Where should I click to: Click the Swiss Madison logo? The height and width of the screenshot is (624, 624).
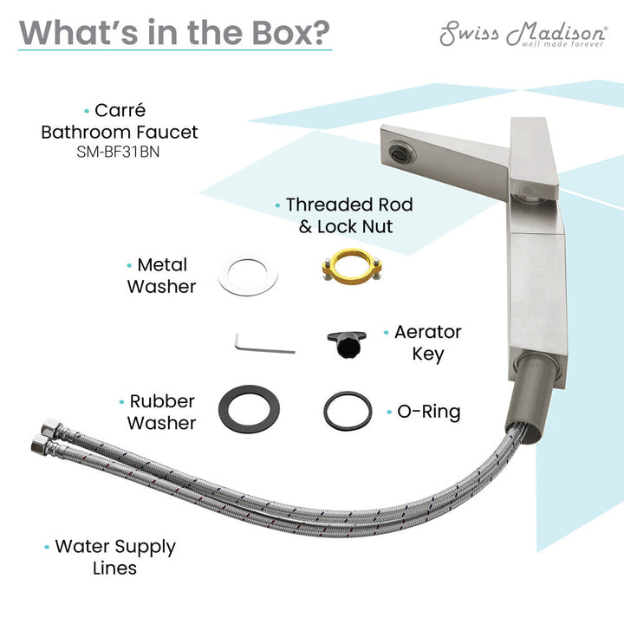tap(523, 34)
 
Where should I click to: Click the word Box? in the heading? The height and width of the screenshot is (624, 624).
tap(291, 33)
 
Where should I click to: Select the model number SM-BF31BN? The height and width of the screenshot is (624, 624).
tap(118, 152)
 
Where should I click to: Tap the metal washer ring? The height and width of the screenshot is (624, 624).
tap(248, 274)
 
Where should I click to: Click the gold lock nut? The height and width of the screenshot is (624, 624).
tap(352, 267)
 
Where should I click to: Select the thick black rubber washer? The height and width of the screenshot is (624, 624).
tap(249, 409)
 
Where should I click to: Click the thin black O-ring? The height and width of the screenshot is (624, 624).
tap(348, 411)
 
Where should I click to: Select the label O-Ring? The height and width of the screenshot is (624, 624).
tap(429, 412)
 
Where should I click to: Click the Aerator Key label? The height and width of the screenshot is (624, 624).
tap(428, 342)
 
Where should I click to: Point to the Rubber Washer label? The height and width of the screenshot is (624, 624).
tap(161, 412)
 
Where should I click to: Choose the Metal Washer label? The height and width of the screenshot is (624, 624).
tap(161, 276)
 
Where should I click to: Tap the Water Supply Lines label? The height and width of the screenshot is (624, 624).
tap(115, 556)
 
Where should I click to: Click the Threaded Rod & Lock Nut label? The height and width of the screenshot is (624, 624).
tap(349, 215)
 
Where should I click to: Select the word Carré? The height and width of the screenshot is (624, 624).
tap(120, 110)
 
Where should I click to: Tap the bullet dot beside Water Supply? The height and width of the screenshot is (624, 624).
tap(47, 547)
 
